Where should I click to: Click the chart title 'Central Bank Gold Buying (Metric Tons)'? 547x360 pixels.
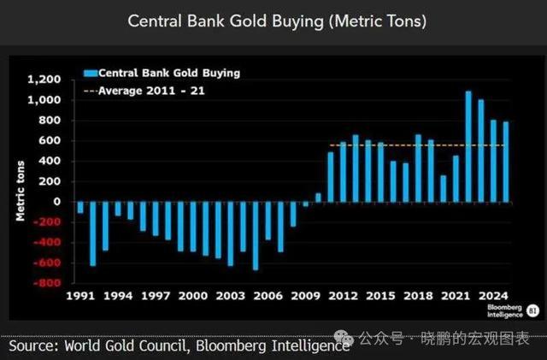(276, 21)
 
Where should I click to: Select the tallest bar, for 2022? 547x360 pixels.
(468, 146)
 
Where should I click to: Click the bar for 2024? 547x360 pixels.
(505, 162)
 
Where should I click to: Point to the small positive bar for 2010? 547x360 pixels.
(318, 198)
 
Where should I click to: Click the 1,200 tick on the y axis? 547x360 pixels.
(45, 80)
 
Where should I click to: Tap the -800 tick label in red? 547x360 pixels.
(48, 283)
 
